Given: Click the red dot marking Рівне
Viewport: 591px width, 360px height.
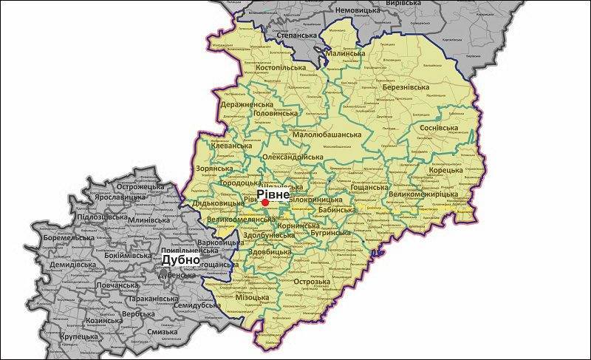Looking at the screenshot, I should point(264,201).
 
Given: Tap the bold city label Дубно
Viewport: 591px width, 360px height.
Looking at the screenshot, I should point(180,259).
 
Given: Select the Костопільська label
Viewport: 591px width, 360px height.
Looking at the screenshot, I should point(280,68).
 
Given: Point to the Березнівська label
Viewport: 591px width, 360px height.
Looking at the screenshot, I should point(406,87).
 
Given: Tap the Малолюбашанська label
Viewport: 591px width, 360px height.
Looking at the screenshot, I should point(327,135).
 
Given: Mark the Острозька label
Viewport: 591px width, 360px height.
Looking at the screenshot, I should point(312,282).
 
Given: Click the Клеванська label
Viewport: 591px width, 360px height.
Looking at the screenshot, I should point(230,146).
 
